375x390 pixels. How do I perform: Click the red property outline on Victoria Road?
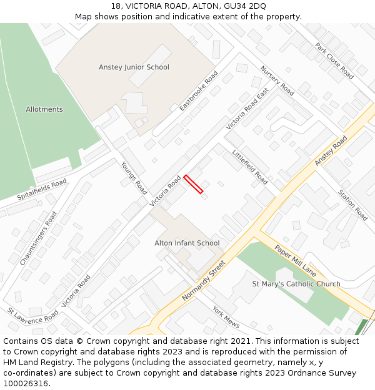pos(193,184)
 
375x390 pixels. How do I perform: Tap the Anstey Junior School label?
pos(134,67)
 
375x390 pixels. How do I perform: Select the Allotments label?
pos(44,109)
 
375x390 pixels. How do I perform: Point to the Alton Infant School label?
pos(187,243)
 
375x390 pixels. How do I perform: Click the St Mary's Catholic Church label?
pos(296,284)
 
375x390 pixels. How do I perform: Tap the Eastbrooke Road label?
pos(199,91)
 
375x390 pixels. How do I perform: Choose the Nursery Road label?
pos(277,81)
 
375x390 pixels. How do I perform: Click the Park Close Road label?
pos(334,61)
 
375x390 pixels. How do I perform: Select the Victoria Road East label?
pos(247,109)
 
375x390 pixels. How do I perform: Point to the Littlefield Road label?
pos(250,167)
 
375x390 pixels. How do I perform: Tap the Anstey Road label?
pos(331,151)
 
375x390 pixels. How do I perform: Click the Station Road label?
pos(353,205)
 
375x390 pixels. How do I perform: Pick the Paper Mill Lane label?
pos(295,261)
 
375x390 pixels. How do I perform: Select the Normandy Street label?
pos(203,281)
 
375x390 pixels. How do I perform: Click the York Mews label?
pos(226,317)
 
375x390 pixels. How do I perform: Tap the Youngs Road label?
pos(134,178)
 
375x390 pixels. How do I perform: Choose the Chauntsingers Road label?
pos(39,238)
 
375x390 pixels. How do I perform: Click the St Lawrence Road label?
pos(32,315)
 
